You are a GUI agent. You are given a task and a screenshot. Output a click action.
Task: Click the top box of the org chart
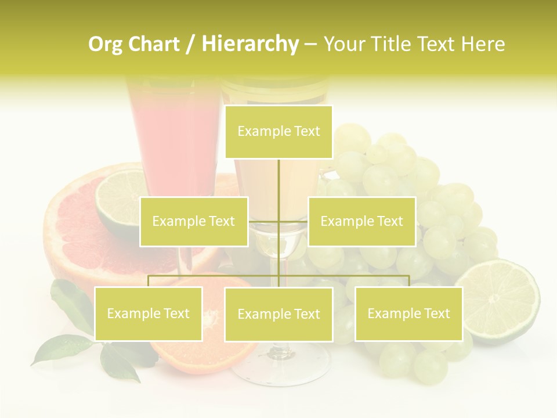click(x=278, y=132)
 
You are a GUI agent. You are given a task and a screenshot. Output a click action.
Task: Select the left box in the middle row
click(x=194, y=221)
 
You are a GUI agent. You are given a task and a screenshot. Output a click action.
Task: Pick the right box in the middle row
click(x=361, y=221)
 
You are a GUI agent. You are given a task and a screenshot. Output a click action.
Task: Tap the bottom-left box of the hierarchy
click(x=149, y=313)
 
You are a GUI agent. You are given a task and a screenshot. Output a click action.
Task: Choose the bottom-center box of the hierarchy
click(x=278, y=314)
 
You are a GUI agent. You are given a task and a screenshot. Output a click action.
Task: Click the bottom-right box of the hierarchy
click(x=408, y=313)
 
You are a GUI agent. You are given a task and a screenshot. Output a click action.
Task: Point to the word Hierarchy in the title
click(x=249, y=44)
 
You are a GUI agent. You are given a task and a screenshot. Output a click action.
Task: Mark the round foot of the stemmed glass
click(x=281, y=366)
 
